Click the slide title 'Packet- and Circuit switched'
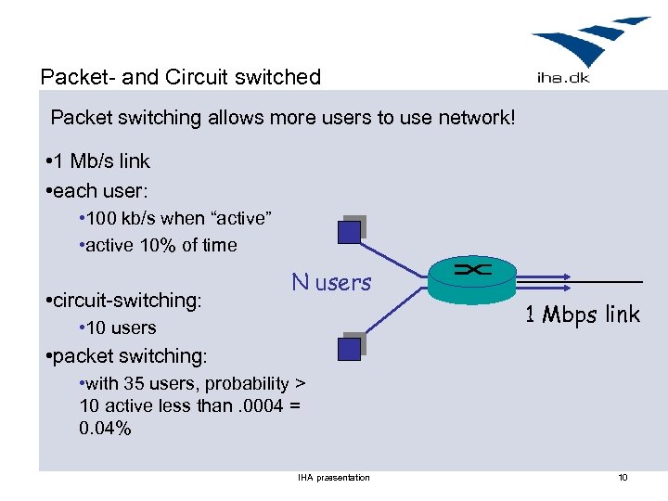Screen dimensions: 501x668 [x=181, y=77]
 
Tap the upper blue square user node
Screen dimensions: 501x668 [x=350, y=231]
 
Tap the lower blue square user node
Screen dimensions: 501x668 [x=349, y=348]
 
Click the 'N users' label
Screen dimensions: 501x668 [x=331, y=283]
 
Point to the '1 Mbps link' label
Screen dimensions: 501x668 [x=582, y=315]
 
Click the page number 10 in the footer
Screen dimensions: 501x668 [x=623, y=478]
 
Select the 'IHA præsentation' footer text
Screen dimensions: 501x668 [x=334, y=478]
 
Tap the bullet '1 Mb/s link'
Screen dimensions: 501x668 [x=101, y=161]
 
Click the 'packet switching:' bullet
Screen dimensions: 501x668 [x=130, y=356]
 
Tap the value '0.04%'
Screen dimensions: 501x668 [x=106, y=429]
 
